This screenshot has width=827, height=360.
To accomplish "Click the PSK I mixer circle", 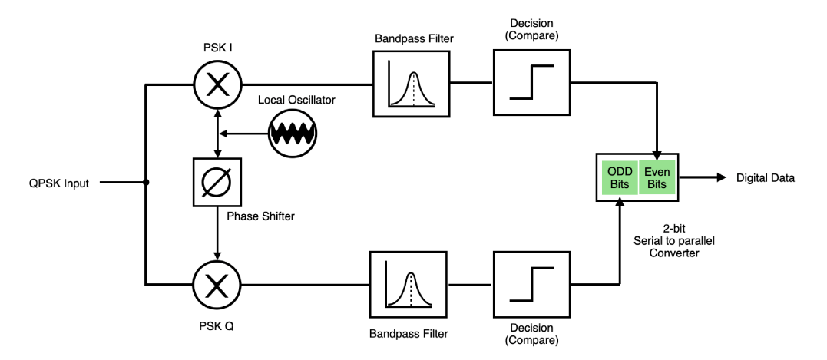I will tap(219, 82).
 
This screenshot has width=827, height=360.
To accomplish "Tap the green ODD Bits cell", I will tap(619, 177).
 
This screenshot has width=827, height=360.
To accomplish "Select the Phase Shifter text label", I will tap(262, 217).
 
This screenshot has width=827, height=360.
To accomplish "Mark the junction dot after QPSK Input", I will tap(145, 183).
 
